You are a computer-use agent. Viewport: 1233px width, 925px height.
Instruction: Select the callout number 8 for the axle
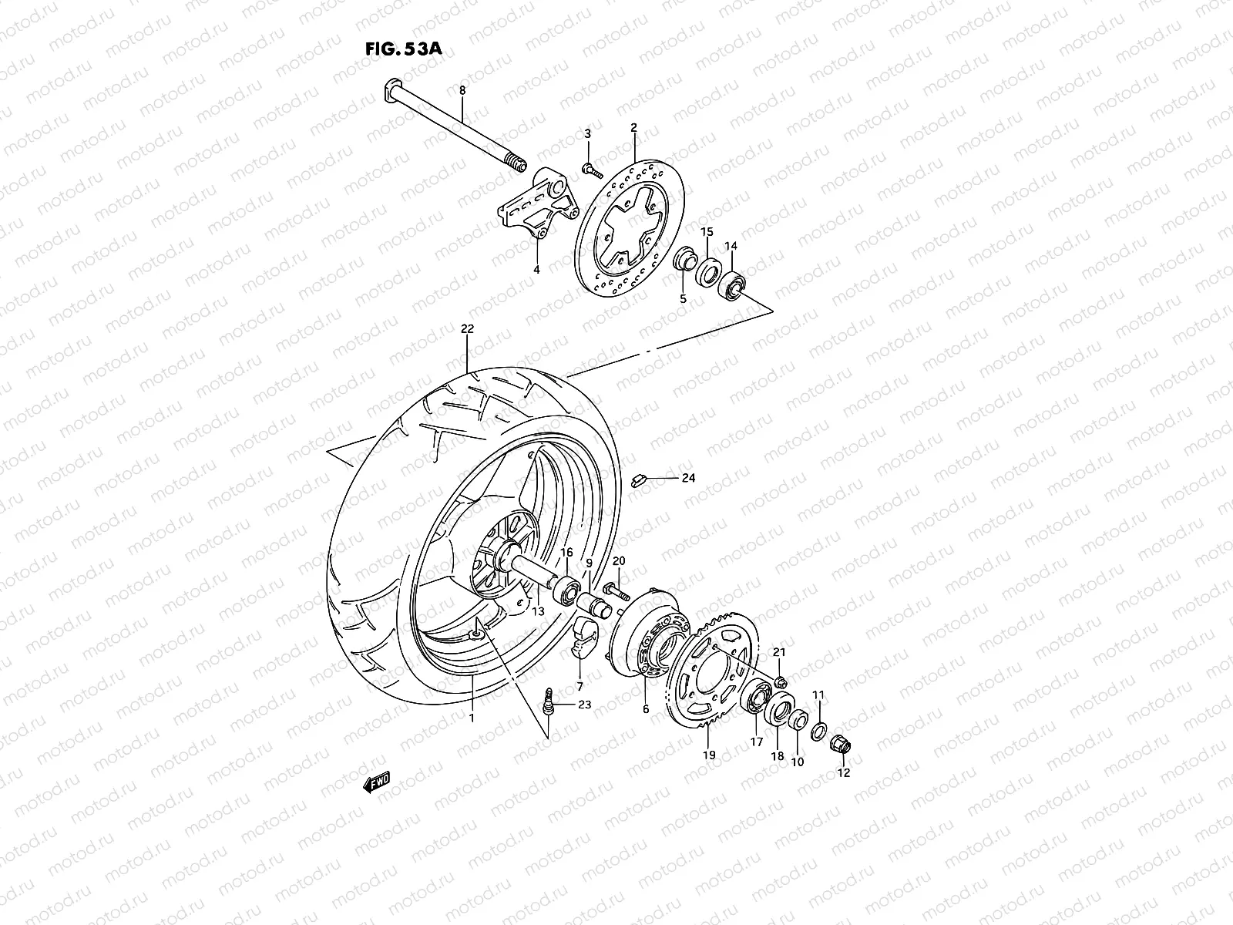pos(462,91)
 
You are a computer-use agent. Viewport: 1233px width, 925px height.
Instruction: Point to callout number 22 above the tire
pos(467,328)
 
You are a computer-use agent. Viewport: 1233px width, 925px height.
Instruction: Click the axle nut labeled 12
pos(840,745)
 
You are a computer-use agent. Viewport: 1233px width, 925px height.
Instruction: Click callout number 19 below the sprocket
pos(710,755)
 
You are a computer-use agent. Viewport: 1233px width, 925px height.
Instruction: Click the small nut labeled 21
pos(781,681)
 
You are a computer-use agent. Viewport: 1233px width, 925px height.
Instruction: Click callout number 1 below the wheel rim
pos(472,718)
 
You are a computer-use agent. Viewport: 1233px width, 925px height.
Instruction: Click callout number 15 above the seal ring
pos(707,232)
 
